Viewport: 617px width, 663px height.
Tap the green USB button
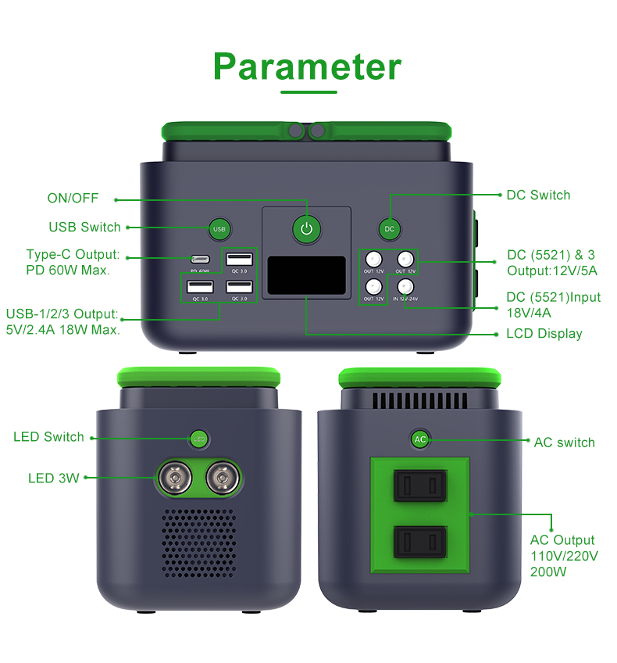(x=219, y=229)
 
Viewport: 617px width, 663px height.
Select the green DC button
(x=389, y=228)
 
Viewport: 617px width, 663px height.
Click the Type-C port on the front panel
(x=201, y=259)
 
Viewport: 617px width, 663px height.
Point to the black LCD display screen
(x=306, y=276)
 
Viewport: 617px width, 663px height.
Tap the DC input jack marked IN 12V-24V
(x=405, y=286)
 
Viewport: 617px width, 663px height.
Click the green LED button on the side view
(x=199, y=439)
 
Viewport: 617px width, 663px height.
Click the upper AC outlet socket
(x=420, y=485)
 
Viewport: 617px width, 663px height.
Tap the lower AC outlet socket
(x=420, y=541)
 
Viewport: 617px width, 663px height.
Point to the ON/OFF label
(x=73, y=199)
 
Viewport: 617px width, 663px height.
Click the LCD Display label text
(x=544, y=334)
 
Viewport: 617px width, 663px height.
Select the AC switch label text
(x=564, y=443)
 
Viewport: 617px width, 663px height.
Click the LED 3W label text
(x=54, y=478)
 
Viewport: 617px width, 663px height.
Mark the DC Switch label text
(x=538, y=195)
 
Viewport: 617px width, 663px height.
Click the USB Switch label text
(x=84, y=228)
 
